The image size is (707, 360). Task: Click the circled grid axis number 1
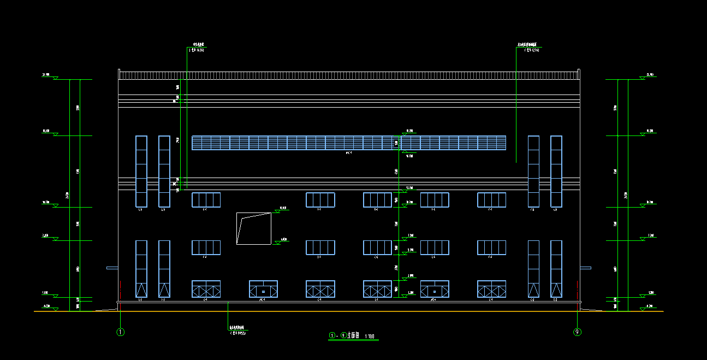(121, 332)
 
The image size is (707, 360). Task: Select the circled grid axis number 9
(577, 332)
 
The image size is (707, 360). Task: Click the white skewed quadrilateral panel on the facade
(253, 228)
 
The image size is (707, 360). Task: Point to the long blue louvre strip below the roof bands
(348, 143)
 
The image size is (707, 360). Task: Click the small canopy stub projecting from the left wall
(112, 268)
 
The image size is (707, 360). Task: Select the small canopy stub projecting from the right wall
(585, 268)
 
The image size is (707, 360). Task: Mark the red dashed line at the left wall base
(120, 288)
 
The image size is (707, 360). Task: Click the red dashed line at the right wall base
(577, 288)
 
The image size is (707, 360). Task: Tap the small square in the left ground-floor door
(263, 292)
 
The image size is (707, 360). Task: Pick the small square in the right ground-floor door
(435, 292)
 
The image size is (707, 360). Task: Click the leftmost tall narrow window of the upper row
(141, 172)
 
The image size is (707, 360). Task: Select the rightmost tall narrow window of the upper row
(556, 172)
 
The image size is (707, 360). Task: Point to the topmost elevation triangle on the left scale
(55, 78)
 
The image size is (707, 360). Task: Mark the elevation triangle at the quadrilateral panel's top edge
(276, 211)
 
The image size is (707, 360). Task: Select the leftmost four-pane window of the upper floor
(206, 200)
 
